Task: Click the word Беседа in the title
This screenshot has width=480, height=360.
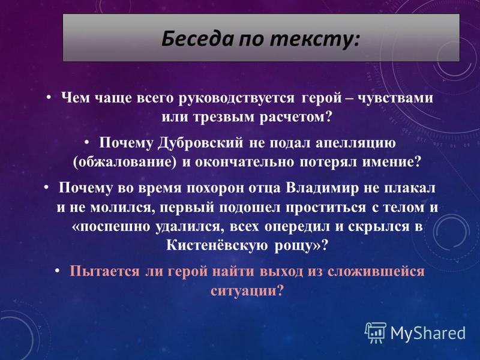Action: click(197, 39)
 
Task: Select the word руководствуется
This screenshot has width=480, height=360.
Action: click(237, 98)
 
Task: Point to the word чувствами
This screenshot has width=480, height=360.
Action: click(395, 98)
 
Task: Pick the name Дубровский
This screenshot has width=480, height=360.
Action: click(201, 143)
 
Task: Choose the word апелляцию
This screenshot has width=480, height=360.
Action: click(356, 143)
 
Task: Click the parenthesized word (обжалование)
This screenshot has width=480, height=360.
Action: click(125, 162)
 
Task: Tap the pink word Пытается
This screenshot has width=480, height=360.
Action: click(104, 272)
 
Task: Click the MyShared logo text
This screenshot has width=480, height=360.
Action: click(428, 334)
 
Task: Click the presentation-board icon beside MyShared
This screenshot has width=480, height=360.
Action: click(376, 333)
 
